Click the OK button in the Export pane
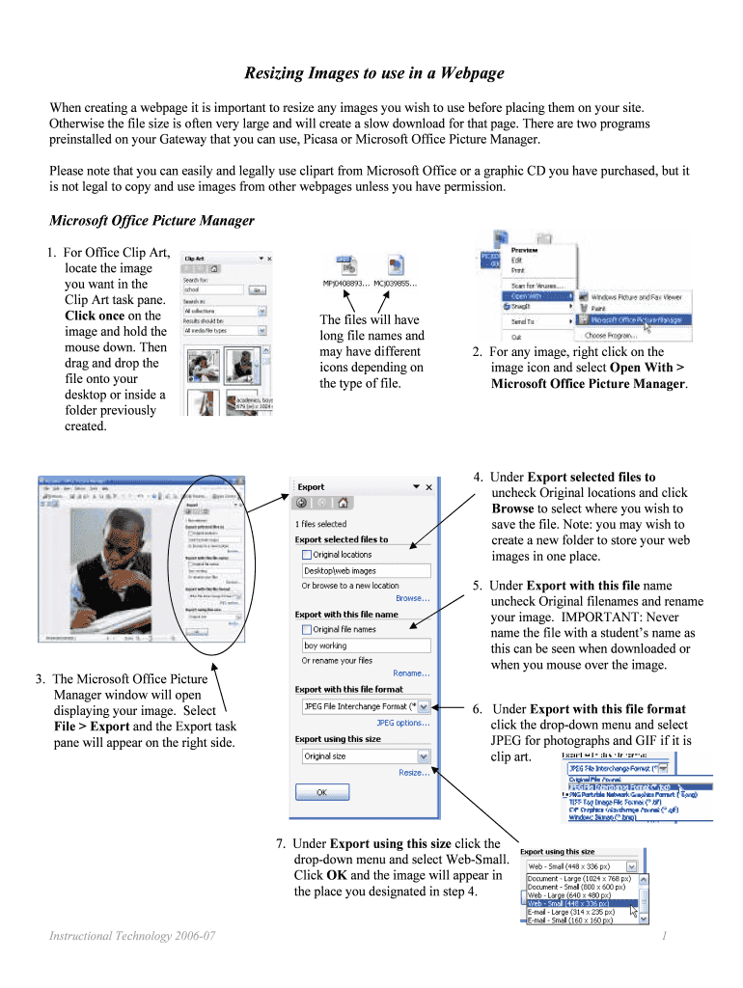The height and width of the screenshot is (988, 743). pos(320,792)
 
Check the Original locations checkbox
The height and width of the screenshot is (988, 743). pos(307,555)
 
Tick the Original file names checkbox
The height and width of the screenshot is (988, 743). pos(307,629)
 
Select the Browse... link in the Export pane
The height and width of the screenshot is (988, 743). pos(412,598)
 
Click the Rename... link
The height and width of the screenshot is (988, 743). pos(411,673)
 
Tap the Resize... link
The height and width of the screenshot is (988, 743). pos(414,772)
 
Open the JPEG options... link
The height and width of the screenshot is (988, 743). pos(402,722)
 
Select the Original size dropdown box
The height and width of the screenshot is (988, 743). pos(366,756)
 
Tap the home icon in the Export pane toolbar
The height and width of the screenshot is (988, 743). pos(342,502)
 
